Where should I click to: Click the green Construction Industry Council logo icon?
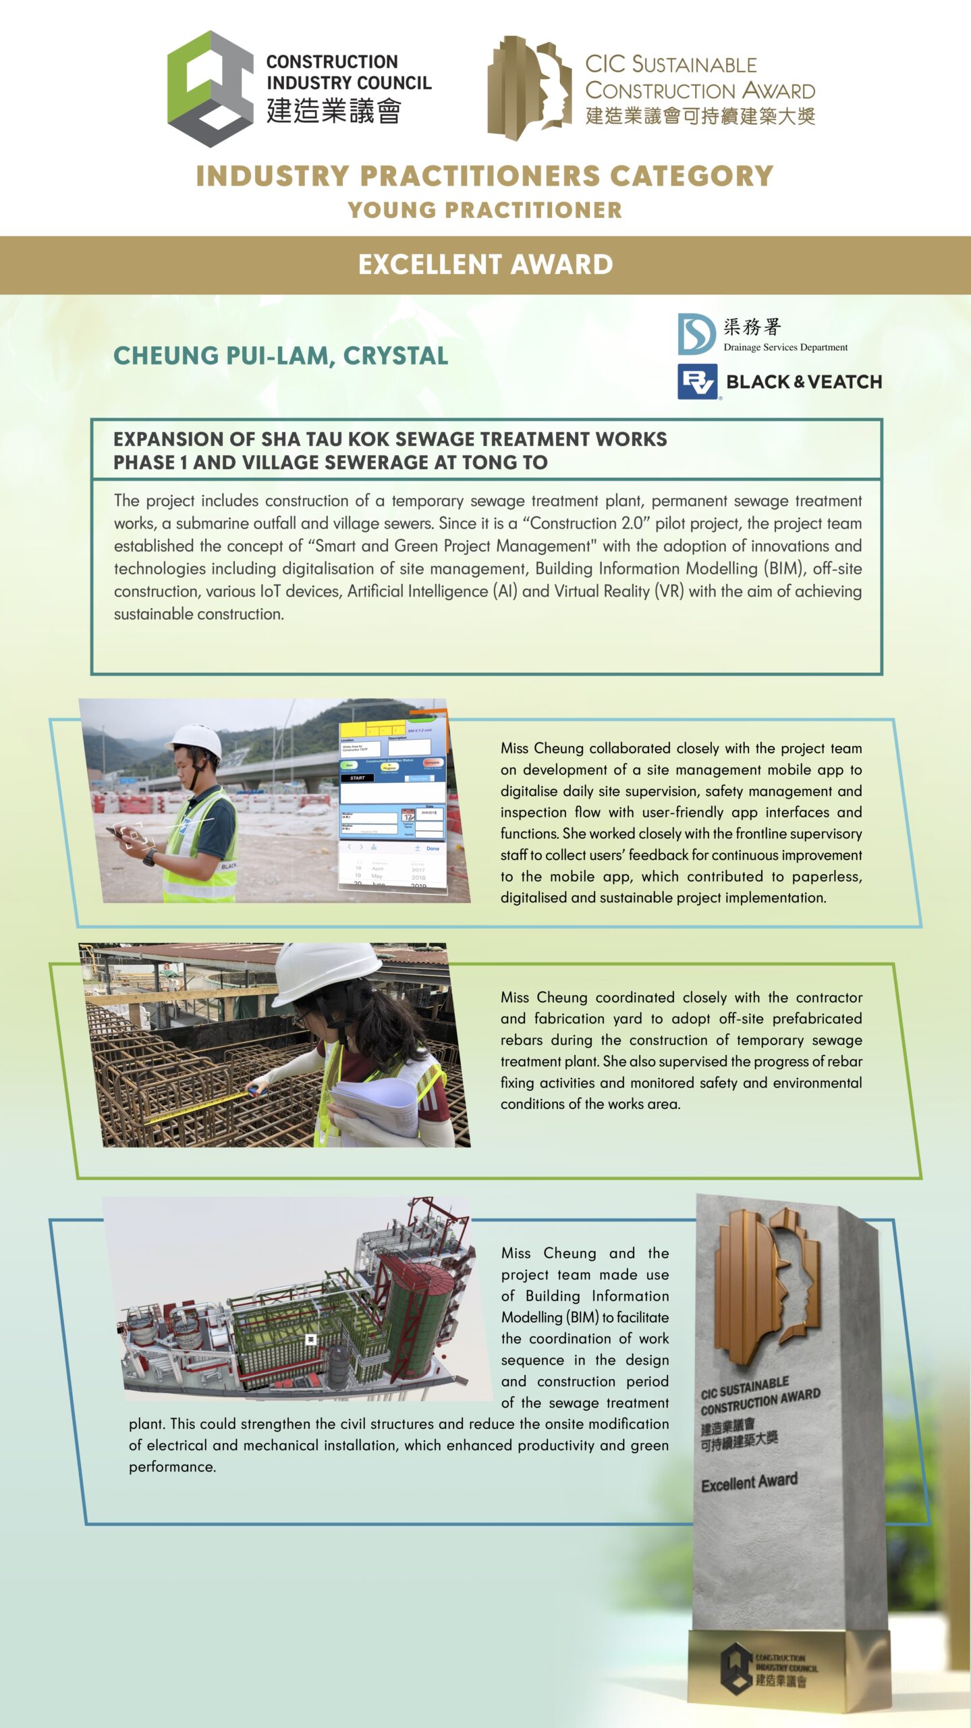coord(209,88)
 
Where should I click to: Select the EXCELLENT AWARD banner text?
coord(485,265)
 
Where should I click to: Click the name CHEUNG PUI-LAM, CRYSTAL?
coord(281,356)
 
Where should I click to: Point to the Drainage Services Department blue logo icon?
coord(696,333)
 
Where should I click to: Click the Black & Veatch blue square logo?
coord(697,382)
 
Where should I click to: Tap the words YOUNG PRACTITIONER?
coord(485,210)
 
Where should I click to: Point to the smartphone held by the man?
coord(119,834)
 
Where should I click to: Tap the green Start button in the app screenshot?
coord(350,765)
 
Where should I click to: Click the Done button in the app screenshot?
coord(433,848)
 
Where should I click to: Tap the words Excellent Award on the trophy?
coord(749,1482)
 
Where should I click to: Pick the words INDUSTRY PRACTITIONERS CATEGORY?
coord(485,176)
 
